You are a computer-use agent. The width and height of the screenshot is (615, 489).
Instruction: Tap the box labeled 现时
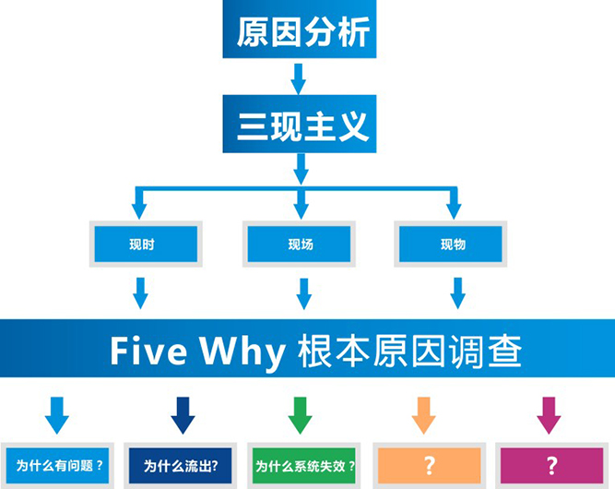click(x=142, y=244)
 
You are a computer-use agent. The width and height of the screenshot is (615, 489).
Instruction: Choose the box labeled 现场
click(x=301, y=244)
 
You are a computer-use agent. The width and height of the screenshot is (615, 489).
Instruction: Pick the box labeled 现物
click(x=453, y=244)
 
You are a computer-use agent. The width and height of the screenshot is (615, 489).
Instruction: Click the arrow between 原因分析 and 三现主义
click(x=299, y=78)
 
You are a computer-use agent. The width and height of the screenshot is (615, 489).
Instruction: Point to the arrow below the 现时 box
click(x=140, y=293)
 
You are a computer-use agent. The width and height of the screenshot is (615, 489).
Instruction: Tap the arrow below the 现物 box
click(x=457, y=293)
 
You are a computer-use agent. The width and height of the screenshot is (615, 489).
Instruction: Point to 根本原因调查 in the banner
click(x=409, y=351)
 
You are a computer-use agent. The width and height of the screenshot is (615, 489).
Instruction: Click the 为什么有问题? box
click(x=59, y=466)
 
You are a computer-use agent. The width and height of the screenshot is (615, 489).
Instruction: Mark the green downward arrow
click(x=300, y=415)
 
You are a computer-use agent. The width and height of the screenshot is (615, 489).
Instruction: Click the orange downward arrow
click(x=423, y=415)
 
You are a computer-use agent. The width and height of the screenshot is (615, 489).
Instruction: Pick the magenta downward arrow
click(x=549, y=415)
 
